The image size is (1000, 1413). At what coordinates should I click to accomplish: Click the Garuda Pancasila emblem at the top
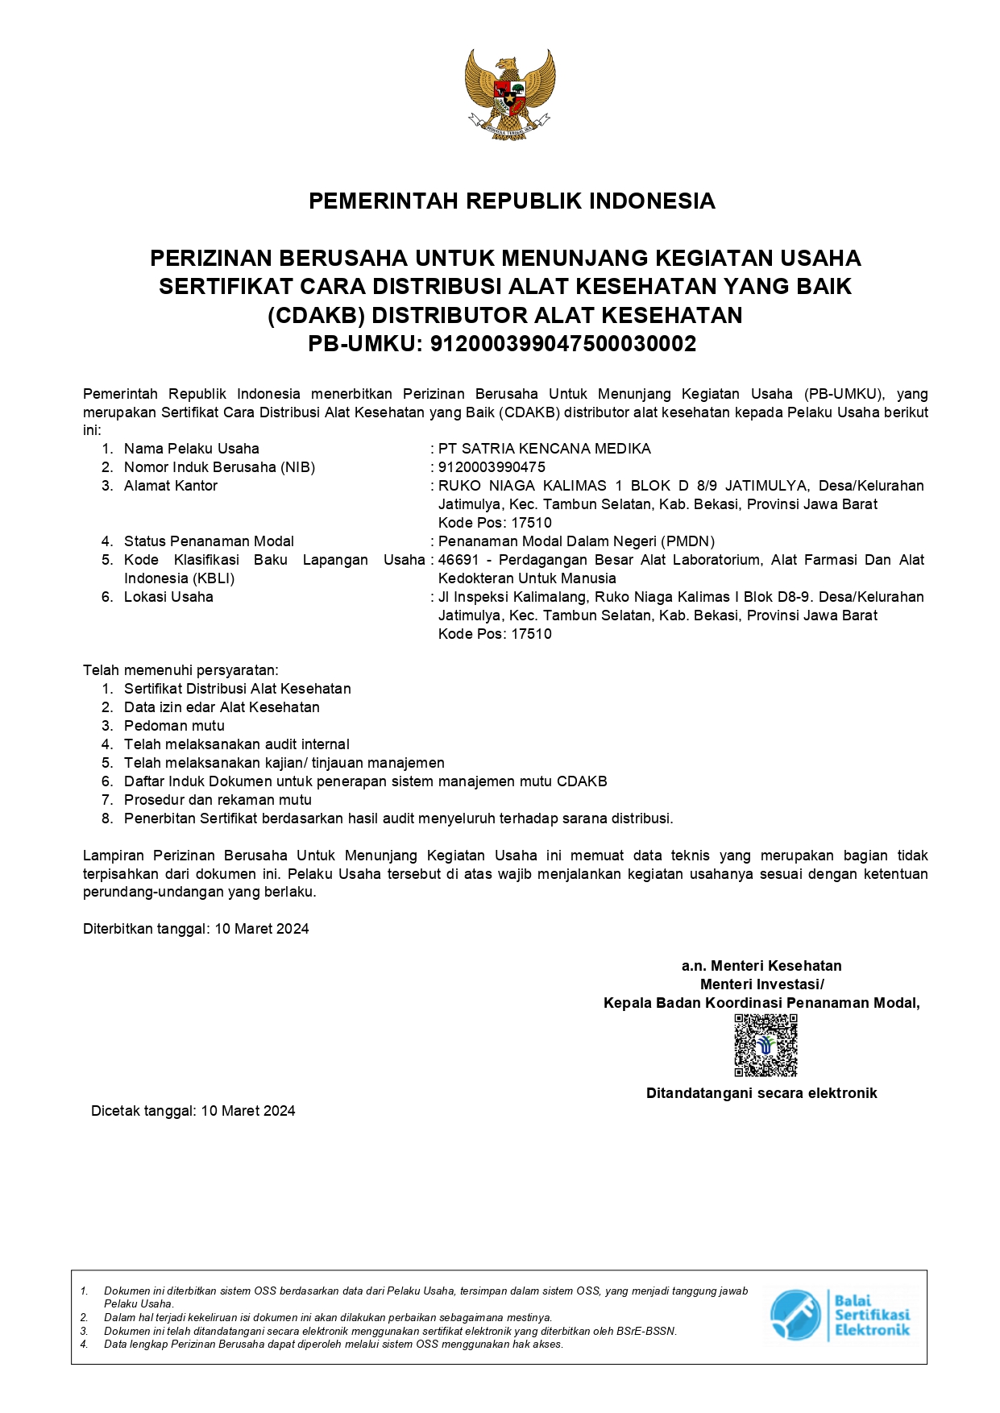click(510, 93)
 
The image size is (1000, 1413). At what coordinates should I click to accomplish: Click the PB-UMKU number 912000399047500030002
click(562, 344)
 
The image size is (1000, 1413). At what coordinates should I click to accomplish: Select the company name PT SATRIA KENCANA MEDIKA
click(544, 449)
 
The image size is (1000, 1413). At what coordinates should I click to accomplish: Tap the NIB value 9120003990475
click(492, 467)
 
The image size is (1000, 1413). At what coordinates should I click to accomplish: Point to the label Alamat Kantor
click(170, 486)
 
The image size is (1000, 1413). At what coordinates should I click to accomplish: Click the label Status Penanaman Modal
click(209, 541)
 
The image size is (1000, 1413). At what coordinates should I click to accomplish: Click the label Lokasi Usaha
click(168, 597)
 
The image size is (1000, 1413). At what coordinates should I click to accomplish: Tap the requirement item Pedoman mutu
click(174, 726)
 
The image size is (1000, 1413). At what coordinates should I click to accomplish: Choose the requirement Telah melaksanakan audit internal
click(236, 744)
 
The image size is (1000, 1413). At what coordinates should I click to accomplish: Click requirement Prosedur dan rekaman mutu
click(218, 800)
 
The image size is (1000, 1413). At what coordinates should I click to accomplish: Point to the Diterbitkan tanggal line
click(196, 929)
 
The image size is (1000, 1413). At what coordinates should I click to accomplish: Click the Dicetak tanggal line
click(193, 1111)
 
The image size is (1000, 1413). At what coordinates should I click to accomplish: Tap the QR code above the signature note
click(766, 1045)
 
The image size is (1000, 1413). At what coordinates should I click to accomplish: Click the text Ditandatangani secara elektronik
click(761, 1093)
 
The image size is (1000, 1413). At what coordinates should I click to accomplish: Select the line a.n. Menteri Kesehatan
click(761, 966)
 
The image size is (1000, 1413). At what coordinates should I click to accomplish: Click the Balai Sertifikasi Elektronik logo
click(840, 1315)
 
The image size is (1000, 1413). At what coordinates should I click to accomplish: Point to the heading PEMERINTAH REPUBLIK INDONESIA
click(512, 201)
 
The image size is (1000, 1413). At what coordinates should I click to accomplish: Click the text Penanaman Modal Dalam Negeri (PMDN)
click(576, 541)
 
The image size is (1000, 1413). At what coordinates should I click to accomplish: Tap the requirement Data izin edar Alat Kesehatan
click(222, 707)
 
